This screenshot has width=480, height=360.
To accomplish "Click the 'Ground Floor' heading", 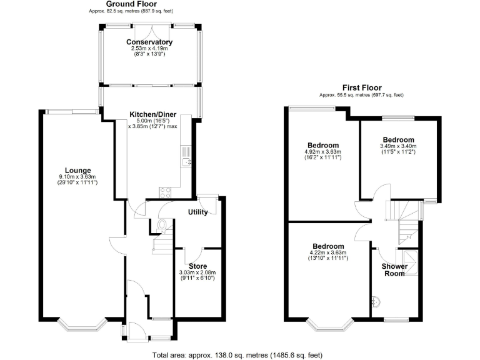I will pyautogui.click(x=149, y=4).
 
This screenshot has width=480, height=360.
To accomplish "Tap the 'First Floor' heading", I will pyautogui.click(x=361, y=87).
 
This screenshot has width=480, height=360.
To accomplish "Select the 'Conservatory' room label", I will pyautogui.click(x=149, y=42).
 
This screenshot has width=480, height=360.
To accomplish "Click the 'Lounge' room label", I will pyautogui.click(x=78, y=170).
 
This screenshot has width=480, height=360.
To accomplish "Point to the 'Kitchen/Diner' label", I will pyautogui.click(x=153, y=115).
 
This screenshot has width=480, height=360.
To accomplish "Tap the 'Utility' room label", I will pyautogui.click(x=198, y=212).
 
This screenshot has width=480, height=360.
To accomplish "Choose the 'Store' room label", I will pyautogui.click(x=198, y=266).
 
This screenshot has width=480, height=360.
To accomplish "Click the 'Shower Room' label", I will pyautogui.click(x=395, y=270).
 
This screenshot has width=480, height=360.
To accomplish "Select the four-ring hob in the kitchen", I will pyautogui.click(x=167, y=192).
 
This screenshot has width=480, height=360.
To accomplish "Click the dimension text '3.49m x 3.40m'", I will pyautogui.click(x=398, y=147).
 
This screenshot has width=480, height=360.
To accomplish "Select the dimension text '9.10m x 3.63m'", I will pyautogui.click(x=78, y=177).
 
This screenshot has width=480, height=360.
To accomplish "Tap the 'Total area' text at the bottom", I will pyautogui.click(x=237, y=355).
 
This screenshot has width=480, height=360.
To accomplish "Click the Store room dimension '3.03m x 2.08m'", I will pyautogui.click(x=198, y=273).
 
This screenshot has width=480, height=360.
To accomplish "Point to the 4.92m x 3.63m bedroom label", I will pyautogui.click(x=322, y=145).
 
